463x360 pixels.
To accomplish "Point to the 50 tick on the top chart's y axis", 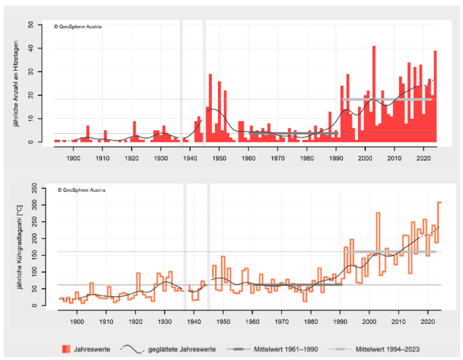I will [x=31, y=25].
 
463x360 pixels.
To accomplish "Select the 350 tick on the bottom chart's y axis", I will [x=35, y=188].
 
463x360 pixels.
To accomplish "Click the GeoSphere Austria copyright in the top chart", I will [x=77, y=27].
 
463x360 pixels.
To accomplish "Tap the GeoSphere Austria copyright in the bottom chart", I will [x=81, y=190].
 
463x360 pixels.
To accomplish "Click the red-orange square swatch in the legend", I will [x=65, y=349].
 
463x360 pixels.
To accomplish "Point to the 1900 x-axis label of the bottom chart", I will [x=77, y=322].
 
